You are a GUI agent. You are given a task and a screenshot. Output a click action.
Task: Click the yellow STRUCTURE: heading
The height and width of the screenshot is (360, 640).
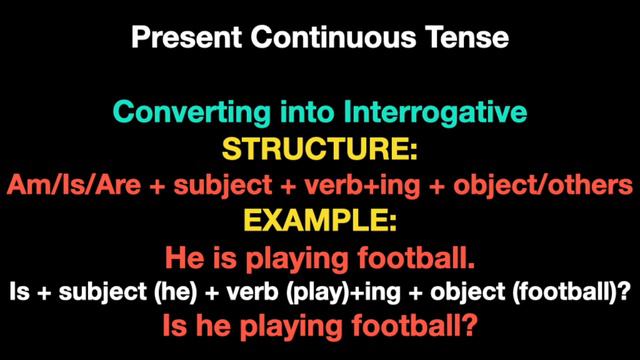coord(318,149)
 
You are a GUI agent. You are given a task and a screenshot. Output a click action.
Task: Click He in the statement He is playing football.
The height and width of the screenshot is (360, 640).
coord(180,259)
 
